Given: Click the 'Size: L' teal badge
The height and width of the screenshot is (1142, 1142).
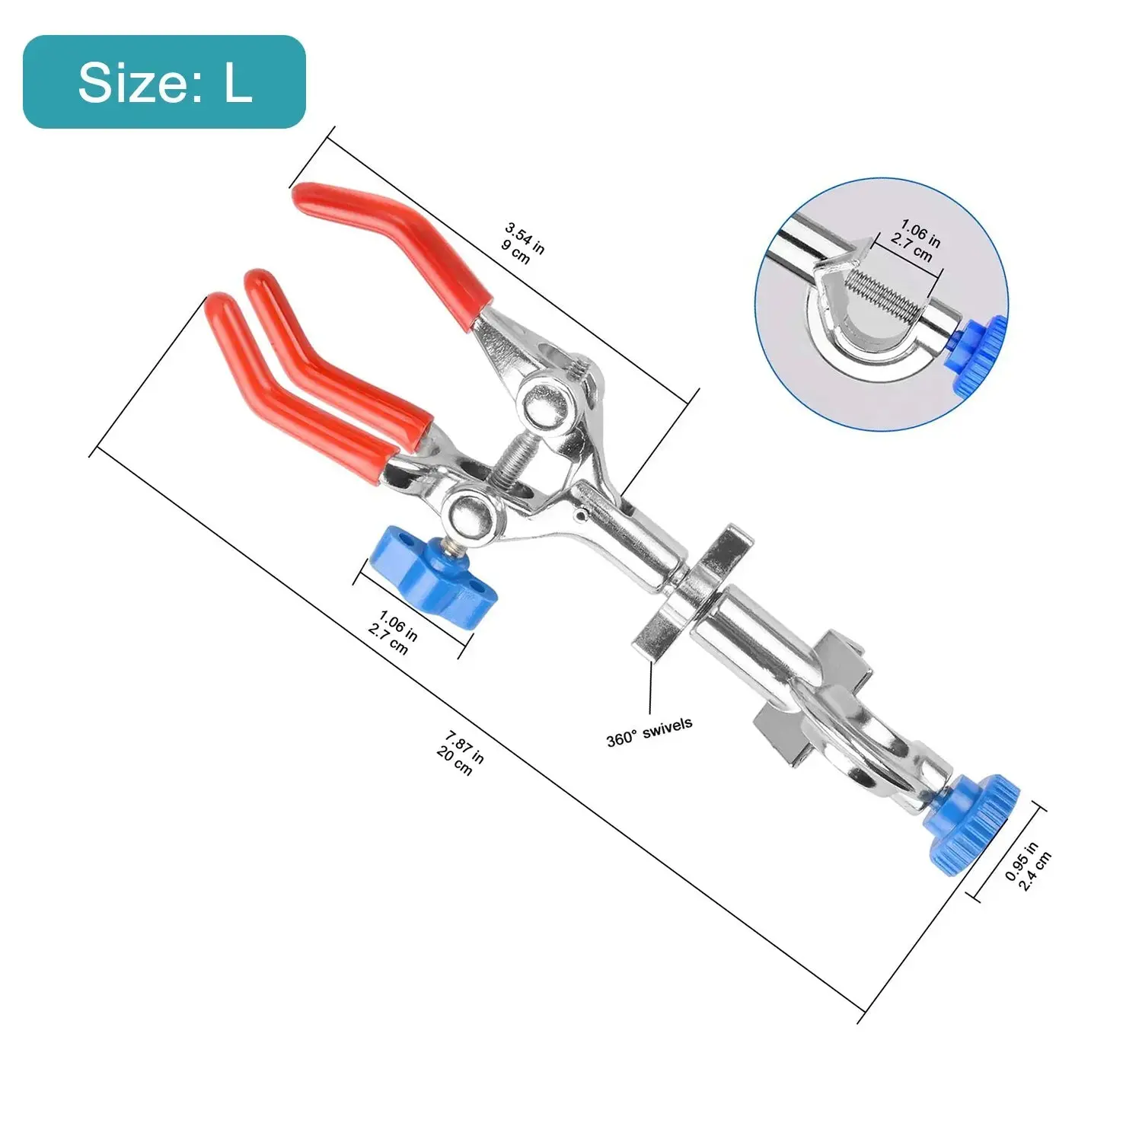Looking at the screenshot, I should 164,81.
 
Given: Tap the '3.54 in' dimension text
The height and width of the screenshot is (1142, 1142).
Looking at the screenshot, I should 526,238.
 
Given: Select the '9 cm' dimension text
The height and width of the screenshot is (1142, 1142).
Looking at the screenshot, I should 515,251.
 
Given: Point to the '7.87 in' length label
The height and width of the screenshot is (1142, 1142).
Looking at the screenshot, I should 465,747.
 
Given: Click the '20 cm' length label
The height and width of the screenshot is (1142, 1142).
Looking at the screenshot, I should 455,761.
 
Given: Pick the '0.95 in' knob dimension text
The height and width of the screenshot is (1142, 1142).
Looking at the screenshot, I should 1021,862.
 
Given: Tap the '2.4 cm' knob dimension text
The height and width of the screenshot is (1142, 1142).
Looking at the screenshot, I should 1035,870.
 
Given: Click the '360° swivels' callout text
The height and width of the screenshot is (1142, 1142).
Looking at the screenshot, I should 649,732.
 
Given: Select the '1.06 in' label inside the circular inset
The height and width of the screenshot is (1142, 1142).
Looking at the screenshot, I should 920,233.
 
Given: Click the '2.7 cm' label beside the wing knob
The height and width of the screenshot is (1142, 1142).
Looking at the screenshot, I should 388,640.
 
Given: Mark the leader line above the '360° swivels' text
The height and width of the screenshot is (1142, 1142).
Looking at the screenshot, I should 651,689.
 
